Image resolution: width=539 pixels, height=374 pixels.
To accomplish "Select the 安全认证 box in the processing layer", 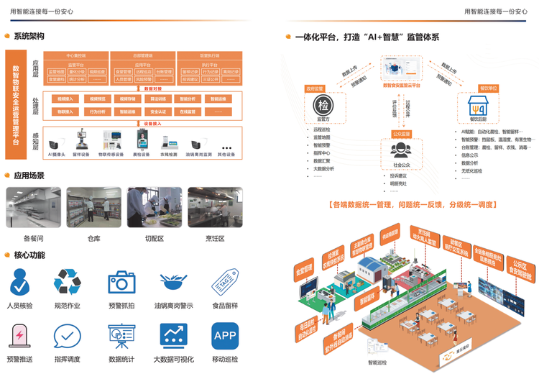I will [x=157, y=112].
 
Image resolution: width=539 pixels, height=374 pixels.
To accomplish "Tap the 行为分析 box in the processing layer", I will [x=96, y=112].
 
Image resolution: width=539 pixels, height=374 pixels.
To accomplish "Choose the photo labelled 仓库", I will [x=93, y=207].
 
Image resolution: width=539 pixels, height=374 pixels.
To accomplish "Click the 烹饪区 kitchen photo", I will [x=215, y=207].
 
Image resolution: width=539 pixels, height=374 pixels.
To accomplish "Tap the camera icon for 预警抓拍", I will [x=122, y=282].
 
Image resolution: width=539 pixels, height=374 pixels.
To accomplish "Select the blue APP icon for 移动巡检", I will [x=225, y=336].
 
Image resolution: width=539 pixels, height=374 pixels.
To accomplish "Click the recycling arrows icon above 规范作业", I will [x=68, y=282].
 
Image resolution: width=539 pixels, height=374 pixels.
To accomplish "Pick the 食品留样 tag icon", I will [x=225, y=282].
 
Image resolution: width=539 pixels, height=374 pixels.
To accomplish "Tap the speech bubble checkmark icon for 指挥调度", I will [x=68, y=336].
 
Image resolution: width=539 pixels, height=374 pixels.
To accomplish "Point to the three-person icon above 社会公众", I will [x=400, y=149].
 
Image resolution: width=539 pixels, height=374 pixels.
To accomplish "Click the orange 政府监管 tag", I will [x=315, y=88].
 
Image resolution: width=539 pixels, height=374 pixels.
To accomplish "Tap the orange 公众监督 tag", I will [x=401, y=134].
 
